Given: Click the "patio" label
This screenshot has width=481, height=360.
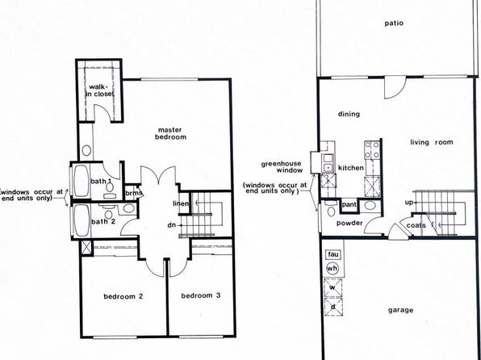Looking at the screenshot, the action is coord(394,23).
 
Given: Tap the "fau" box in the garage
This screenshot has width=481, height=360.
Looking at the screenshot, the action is coord(333,254).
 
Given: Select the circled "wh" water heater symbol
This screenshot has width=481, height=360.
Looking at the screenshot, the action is coord(333,269).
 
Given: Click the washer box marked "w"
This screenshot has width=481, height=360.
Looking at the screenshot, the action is coord(333,288).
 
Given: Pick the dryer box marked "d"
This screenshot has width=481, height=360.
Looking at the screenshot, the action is coord(333,307).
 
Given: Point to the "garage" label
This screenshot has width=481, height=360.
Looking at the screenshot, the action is coord(400,310).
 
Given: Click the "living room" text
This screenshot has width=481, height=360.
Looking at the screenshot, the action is coord(432,142).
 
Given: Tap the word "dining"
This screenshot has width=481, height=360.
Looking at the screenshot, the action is coord(349,114).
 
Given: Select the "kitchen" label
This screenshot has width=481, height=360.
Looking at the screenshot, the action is coord(351,168).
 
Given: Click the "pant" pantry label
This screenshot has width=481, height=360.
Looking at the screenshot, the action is coord(349,204).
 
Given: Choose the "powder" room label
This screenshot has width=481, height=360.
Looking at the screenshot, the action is coord(349,223).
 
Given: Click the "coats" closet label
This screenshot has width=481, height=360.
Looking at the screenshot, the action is coord(416,225).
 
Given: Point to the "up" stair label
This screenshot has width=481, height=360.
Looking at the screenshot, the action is coord(409,203).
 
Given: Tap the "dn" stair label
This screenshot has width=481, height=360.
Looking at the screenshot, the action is coord(172,225).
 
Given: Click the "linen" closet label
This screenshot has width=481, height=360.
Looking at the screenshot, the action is coord(181,203).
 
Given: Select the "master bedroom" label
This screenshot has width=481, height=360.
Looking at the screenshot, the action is coord(170,133).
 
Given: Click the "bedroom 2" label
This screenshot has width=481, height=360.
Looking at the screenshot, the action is coord(123,296).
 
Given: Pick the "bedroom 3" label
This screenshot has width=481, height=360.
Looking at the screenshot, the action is coord(201,295).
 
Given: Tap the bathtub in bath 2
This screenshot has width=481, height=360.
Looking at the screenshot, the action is coord(82,220).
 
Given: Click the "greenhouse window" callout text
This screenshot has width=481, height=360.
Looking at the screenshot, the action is coord(282,167).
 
